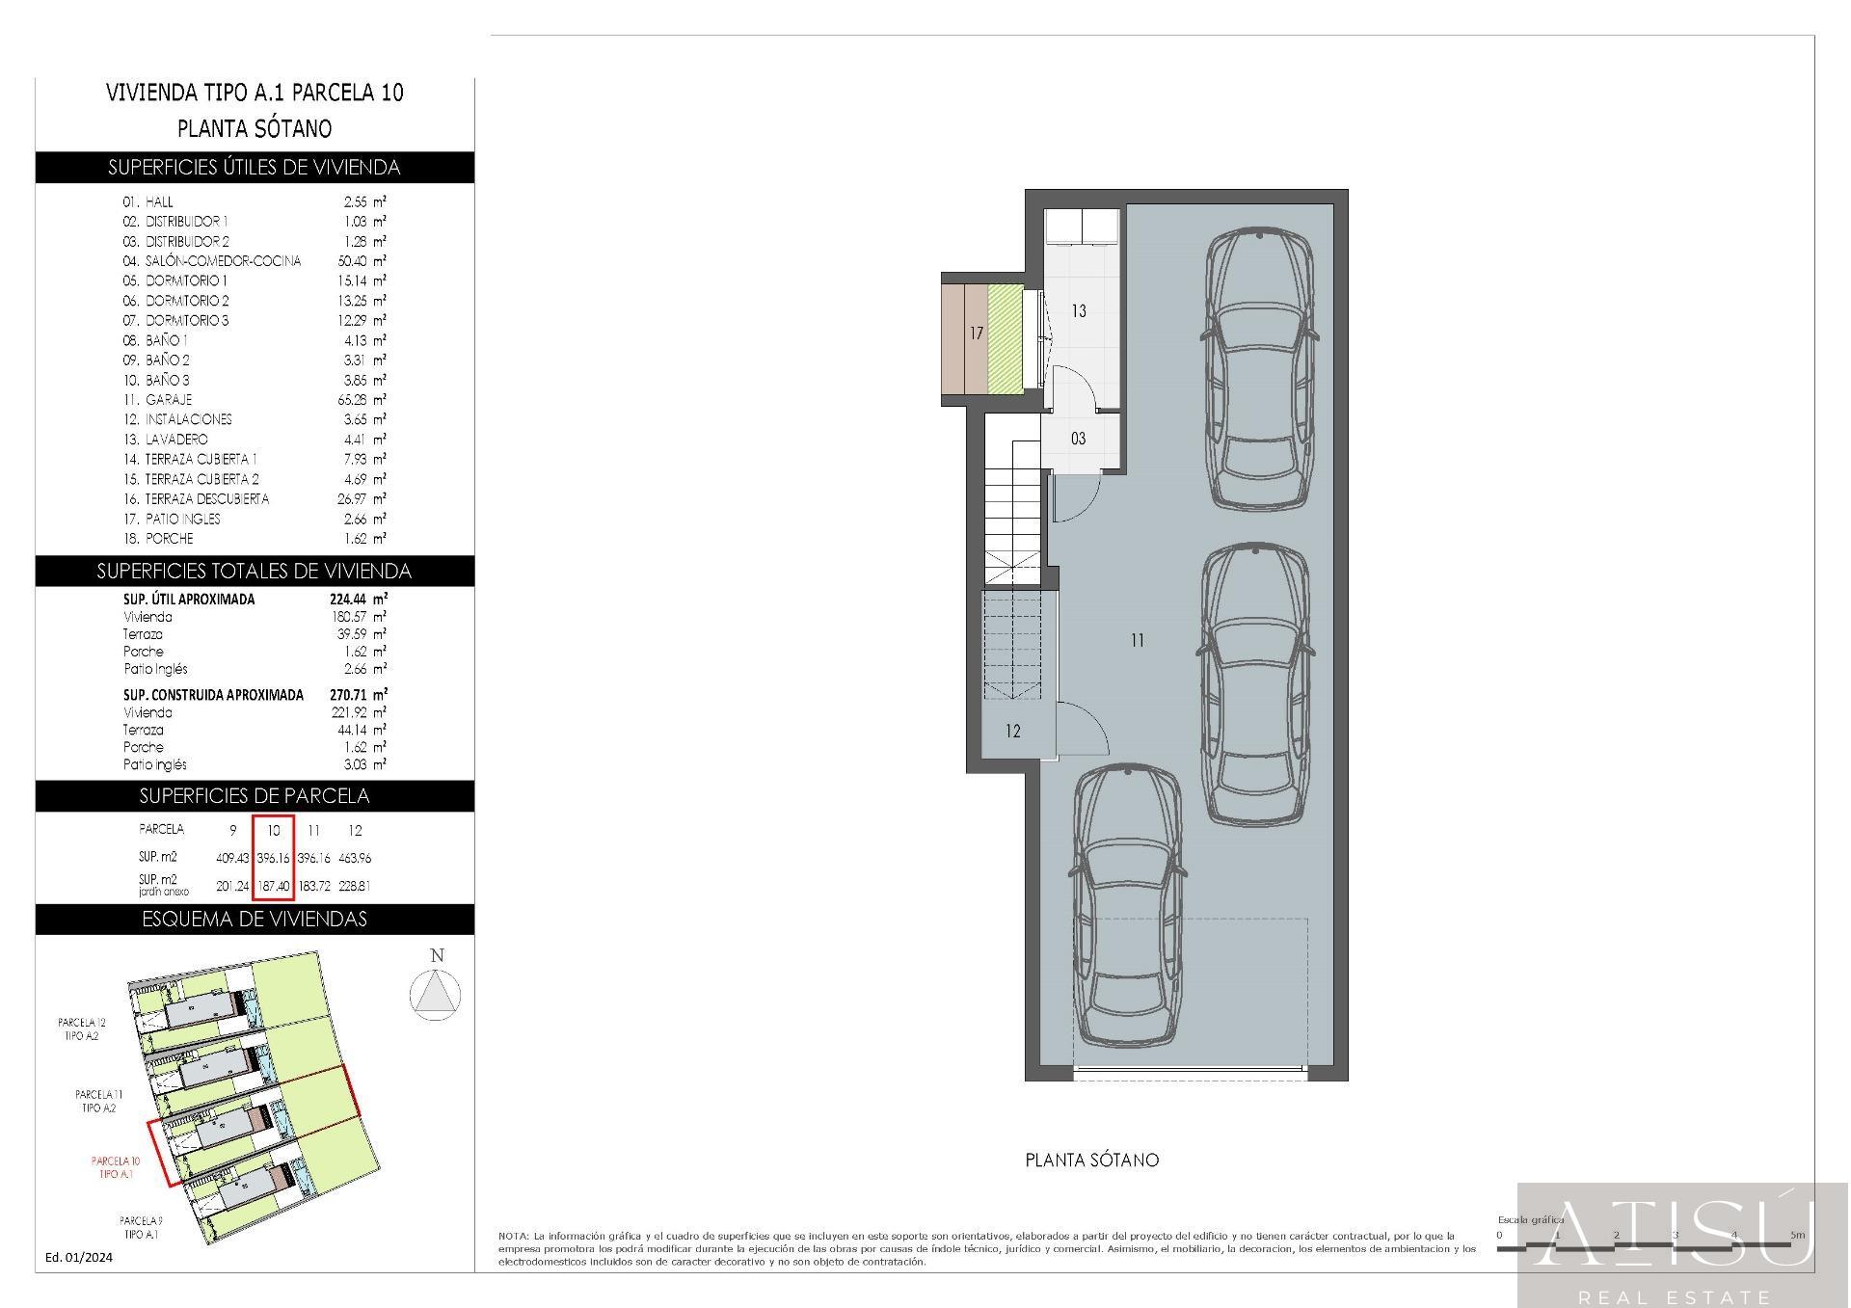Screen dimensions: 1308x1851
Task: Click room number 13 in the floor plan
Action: [1078, 311]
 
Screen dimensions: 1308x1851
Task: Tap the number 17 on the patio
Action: [977, 334]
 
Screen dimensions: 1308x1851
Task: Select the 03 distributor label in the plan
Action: [1078, 440]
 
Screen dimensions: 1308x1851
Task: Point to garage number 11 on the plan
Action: [1138, 640]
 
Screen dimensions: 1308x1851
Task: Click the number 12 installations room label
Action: [1012, 732]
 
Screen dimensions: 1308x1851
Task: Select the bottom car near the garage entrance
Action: [1127, 906]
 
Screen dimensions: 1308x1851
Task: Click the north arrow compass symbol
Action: [436, 993]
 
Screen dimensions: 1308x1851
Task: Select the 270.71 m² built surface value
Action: [358, 694]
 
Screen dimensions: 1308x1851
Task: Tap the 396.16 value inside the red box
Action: [274, 858]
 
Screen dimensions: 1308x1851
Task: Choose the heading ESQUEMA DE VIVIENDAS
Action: [255, 920]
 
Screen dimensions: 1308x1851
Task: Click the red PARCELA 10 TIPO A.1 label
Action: [116, 1167]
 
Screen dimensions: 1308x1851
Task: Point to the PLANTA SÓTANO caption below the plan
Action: [1091, 1161]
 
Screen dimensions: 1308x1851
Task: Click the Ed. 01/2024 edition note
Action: [79, 1257]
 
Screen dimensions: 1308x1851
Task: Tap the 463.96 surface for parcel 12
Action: [355, 858]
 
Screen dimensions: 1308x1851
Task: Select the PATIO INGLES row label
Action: [182, 519]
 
